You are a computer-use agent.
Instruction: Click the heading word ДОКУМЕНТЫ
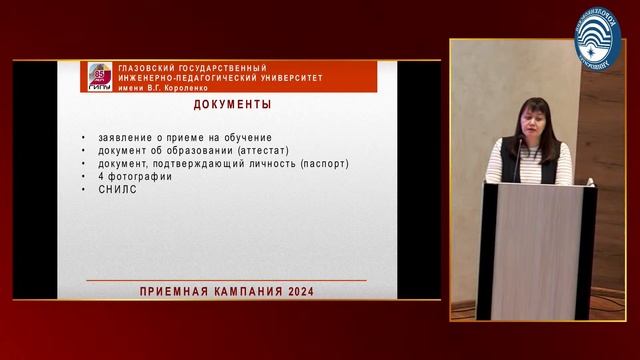(231, 105)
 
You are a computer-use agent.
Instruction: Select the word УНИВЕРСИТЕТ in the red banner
(286, 77)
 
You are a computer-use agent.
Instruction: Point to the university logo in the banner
(100, 78)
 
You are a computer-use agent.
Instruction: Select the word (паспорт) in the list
(322, 163)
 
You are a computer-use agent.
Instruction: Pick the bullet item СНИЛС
(116, 189)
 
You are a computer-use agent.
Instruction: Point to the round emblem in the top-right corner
(597, 37)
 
